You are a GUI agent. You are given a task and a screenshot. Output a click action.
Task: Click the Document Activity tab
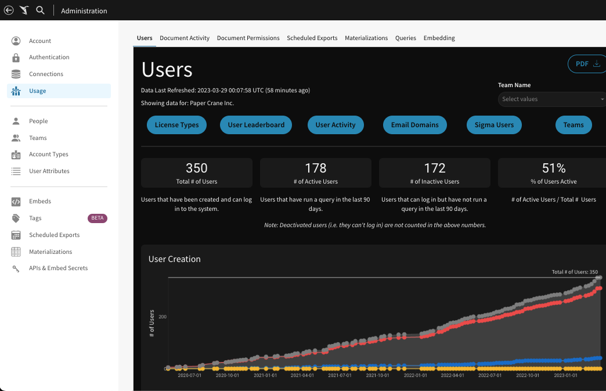pyautogui.click(x=185, y=38)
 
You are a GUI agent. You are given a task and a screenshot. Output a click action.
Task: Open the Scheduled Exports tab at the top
pyautogui.click(x=312, y=38)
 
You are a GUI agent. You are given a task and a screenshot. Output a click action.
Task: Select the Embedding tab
pyautogui.click(x=439, y=38)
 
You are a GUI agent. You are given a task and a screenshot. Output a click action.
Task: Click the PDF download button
pyautogui.click(x=587, y=64)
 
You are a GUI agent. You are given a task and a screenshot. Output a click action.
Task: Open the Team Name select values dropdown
pyautogui.click(x=551, y=99)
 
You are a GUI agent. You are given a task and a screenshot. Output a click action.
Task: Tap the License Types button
pyautogui.click(x=176, y=125)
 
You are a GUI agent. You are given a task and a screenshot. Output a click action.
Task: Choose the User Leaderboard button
pyautogui.click(x=256, y=125)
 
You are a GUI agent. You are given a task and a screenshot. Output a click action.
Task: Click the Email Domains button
pyautogui.click(x=414, y=125)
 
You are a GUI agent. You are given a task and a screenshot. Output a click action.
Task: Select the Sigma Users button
pyautogui.click(x=494, y=125)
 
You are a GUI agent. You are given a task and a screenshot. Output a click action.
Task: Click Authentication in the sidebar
pyautogui.click(x=49, y=58)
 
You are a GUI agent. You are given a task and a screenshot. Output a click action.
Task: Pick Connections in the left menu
pyautogui.click(x=46, y=74)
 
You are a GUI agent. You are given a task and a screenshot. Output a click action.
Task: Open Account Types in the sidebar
pyautogui.click(x=49, y=155)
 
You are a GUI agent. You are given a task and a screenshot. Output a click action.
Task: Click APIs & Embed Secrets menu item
pyautogui.click(x=58, y=268)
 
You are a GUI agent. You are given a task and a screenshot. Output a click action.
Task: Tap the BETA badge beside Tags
pyautogui.click(x=98, y=218)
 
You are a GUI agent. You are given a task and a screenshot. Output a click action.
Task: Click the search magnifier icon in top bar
pyautogui.click(x=40, y=10)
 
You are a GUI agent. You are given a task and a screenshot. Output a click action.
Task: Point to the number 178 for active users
pyautogui.click(x=315, y=168)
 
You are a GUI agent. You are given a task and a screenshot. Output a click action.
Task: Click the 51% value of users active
pyautogui.click(x=553, y=168)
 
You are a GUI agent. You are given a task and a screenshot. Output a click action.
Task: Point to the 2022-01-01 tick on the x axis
pyautogui.click(x=416, y=376)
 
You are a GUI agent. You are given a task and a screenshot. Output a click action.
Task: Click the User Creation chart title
pyautogui.click(x=174, y=259)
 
